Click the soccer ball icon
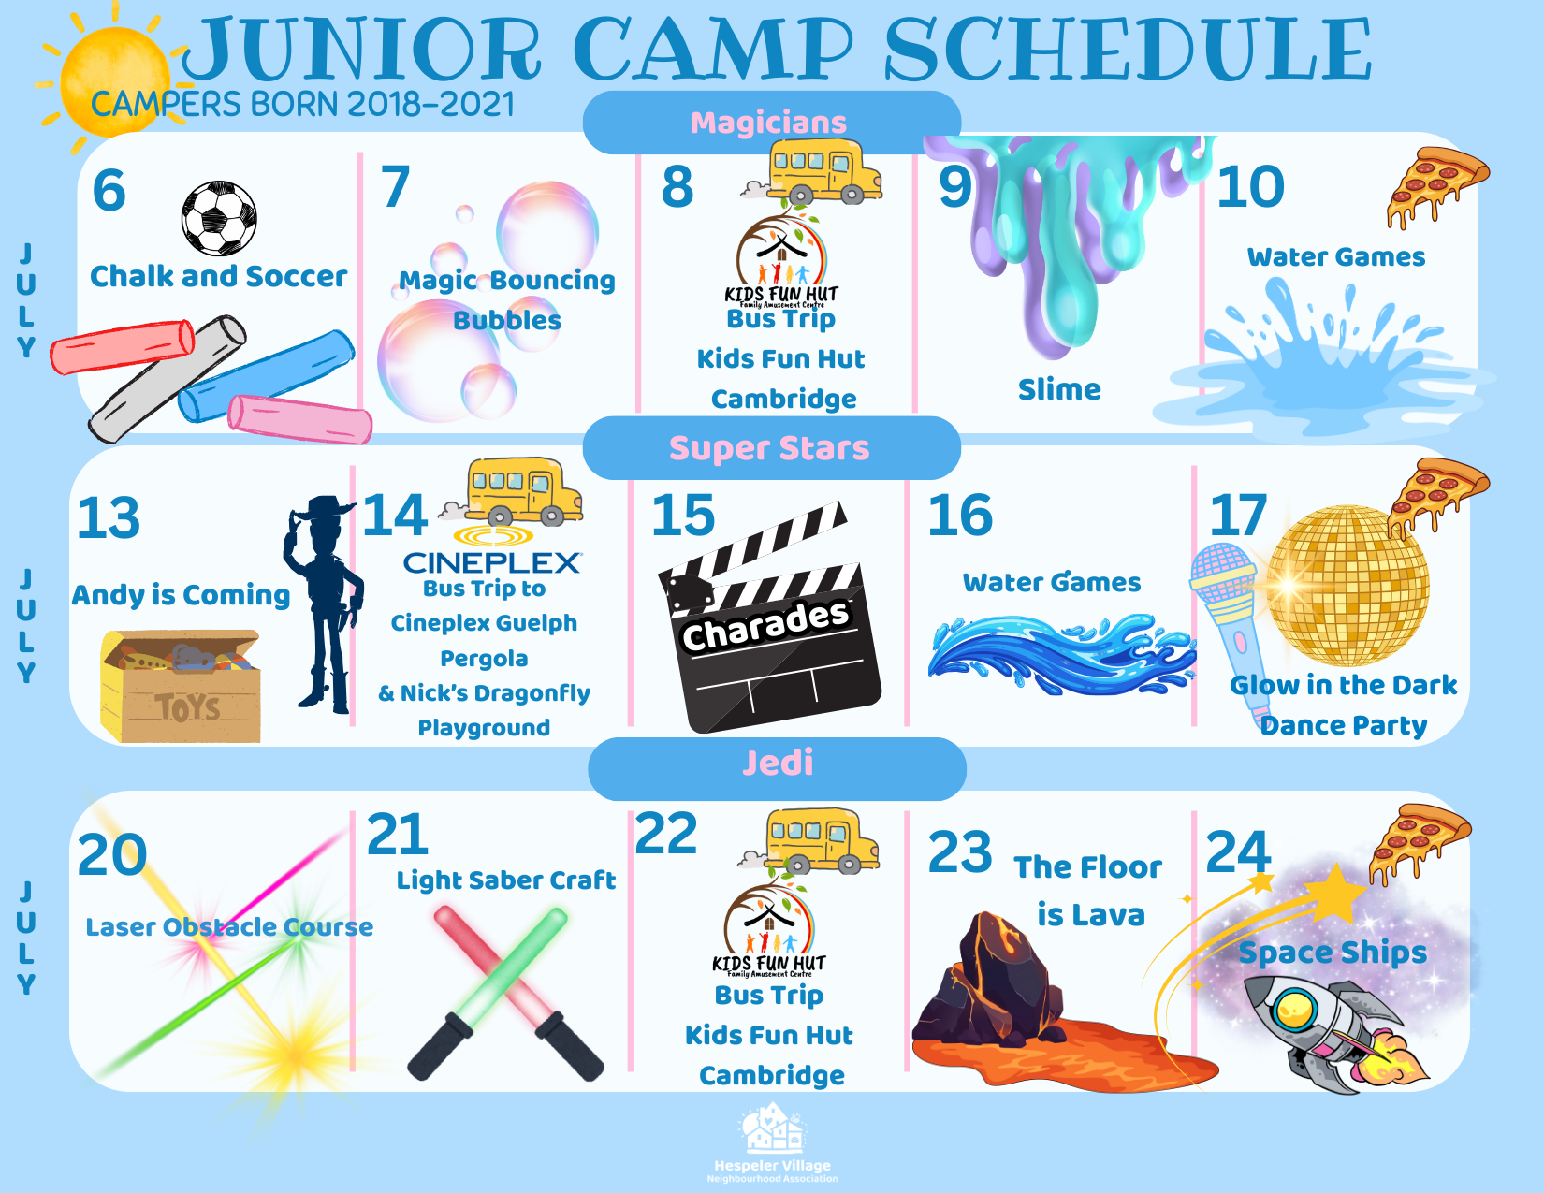click(x=219, y=218)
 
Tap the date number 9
click(x=954, y=187)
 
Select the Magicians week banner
click(x=772, y=123)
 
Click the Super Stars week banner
click(x=772, y=447)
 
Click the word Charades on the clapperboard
click(x=765, y=624)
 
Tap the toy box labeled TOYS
click(x=181, y=686)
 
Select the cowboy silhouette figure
click(x=322, y=604)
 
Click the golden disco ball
click(x=1347, y=586)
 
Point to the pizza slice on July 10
click(x=1436, y=187)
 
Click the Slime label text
click(x=1059, y=389)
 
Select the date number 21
click(x=398, y=835)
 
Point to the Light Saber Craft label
click(x=506, y=880)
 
